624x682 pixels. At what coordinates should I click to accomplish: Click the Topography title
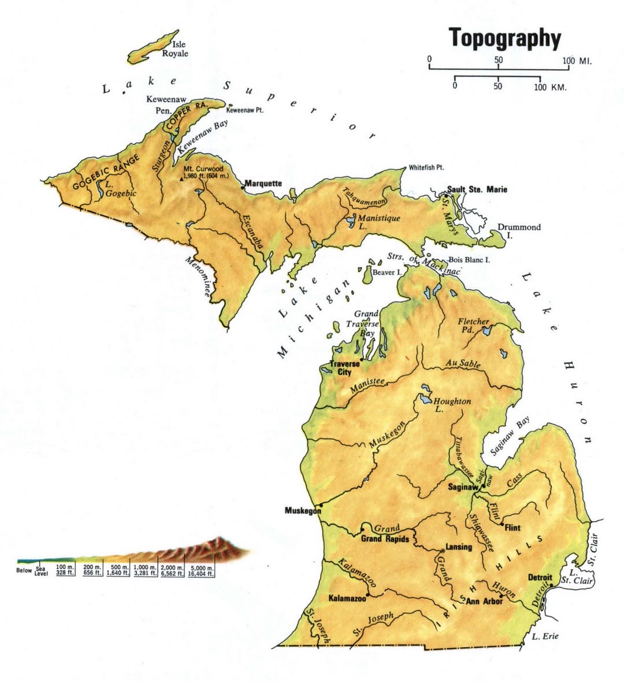505,38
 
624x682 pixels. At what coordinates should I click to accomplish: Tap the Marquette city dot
243,187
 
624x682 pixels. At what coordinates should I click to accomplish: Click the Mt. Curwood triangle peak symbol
181,179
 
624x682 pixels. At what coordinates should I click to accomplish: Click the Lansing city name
459,547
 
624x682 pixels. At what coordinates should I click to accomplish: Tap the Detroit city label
540,577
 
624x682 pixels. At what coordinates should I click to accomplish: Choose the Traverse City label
340,368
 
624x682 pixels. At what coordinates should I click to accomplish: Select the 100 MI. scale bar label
578,61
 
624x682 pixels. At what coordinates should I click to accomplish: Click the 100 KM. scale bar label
550,87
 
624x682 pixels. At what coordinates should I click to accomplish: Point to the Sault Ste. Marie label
477,189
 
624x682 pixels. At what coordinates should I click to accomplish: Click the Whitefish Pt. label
426,168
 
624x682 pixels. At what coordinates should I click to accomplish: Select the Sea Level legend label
41,570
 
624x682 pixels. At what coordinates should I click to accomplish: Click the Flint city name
512,528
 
